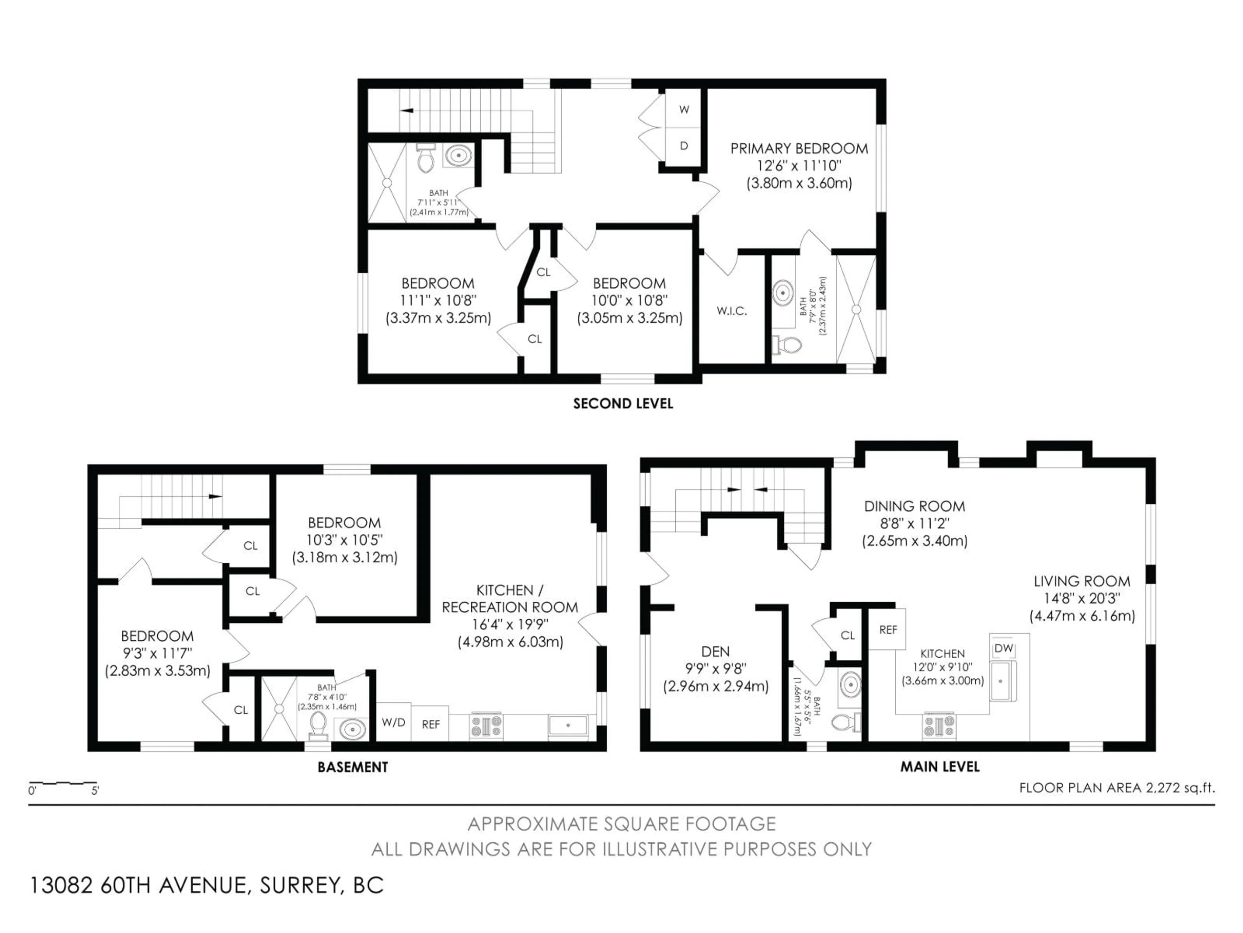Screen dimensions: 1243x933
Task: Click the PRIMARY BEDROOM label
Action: [x=799, y=148]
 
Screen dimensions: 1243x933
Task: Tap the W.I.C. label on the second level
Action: [x=732, y=311]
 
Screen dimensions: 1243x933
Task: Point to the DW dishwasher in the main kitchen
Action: [x=1003, y=649]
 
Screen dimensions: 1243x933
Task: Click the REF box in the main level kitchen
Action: [x=888, y=630]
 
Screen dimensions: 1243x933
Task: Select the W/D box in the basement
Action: [x=393, y=722]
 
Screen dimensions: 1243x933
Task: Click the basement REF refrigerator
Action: [x=431, y=724]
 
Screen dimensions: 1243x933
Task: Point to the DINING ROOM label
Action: [x=915, y=506]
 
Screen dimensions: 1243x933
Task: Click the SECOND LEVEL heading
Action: [x=622, y=404]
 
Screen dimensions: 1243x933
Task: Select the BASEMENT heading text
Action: [x=353, y=767]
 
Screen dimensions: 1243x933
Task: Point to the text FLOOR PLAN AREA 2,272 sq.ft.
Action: [x=1117, y=788]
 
